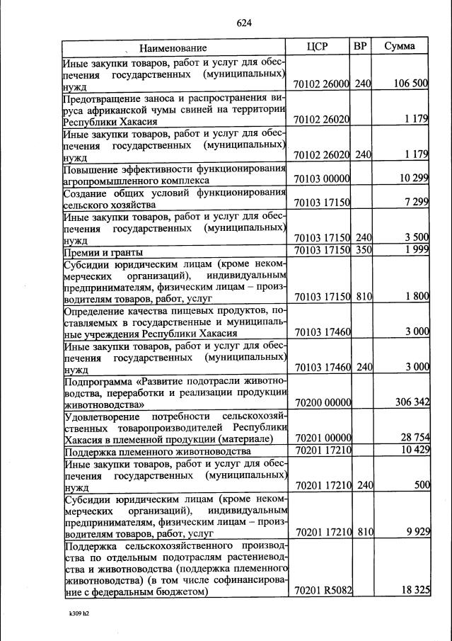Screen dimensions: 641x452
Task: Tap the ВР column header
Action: pos(360,47)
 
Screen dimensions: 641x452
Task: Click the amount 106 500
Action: pos(410,84)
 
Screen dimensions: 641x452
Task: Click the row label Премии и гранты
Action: pos(103,253)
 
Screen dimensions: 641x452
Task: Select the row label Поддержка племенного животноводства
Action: pos(157,452)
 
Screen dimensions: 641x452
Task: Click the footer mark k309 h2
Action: pos(74,614)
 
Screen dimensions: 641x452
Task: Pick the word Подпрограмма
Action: pos(95,380)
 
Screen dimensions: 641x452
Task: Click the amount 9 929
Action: pos(417,533)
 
